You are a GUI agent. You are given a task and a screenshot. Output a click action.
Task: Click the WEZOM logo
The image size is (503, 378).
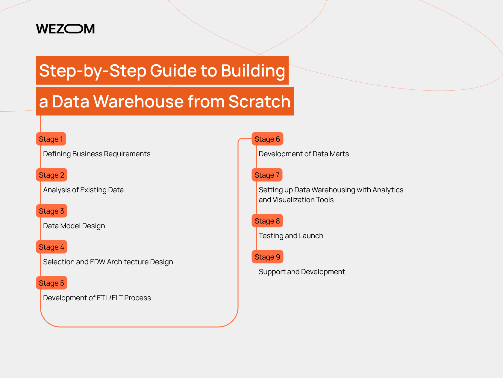coord(65,29)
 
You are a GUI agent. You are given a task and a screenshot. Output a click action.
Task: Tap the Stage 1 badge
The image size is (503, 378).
coord(51,139)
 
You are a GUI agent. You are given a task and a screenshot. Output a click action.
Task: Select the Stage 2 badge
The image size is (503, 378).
coord(51,175)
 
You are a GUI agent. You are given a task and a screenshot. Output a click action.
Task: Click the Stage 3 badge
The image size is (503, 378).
coord(51,211)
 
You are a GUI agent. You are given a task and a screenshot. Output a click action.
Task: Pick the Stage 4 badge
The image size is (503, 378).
coord(51,247)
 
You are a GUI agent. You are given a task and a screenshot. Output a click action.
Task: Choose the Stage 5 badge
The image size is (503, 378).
coord(51,283)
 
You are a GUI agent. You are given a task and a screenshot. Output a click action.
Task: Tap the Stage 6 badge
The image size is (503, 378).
coord(267,139)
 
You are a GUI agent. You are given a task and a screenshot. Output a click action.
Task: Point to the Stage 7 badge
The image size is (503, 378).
coord(267,175)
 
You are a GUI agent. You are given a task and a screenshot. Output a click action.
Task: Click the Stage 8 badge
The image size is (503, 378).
coord(267,221)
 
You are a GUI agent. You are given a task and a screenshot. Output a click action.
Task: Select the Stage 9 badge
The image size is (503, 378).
coord(267,257)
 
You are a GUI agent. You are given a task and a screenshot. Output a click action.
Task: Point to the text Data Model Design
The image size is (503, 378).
coord(74,226)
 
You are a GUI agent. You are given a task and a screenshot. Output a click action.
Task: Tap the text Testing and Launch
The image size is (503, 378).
coord(291,236)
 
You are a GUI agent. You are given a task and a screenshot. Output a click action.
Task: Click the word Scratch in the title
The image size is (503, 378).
coord(259,101)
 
